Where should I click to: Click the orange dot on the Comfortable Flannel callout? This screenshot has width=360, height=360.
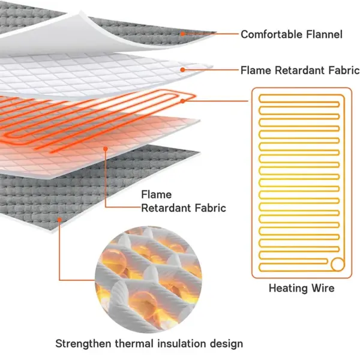point(182,34)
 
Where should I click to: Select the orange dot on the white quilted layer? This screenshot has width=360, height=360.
point(182,70)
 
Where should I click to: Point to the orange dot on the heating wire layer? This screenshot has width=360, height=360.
point(183,101)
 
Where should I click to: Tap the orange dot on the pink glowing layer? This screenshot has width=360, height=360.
point(106,149)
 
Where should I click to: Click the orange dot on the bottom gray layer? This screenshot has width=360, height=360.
point(59,220)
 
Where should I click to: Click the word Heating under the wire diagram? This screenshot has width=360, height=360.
point(289,289)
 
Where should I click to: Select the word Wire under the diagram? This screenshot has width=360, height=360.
point(323,288)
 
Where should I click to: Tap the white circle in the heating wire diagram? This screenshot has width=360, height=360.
point(337,264)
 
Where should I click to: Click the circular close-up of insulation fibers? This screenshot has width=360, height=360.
point(148,280)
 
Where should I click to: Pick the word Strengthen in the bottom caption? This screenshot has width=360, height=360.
point(83,344)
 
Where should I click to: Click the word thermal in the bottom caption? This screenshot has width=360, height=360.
point(134,344)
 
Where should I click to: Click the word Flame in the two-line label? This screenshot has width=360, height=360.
point(156,194)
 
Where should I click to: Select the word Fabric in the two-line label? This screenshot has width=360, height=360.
point(211,208)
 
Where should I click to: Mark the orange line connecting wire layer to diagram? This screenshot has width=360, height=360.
point(215,101)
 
